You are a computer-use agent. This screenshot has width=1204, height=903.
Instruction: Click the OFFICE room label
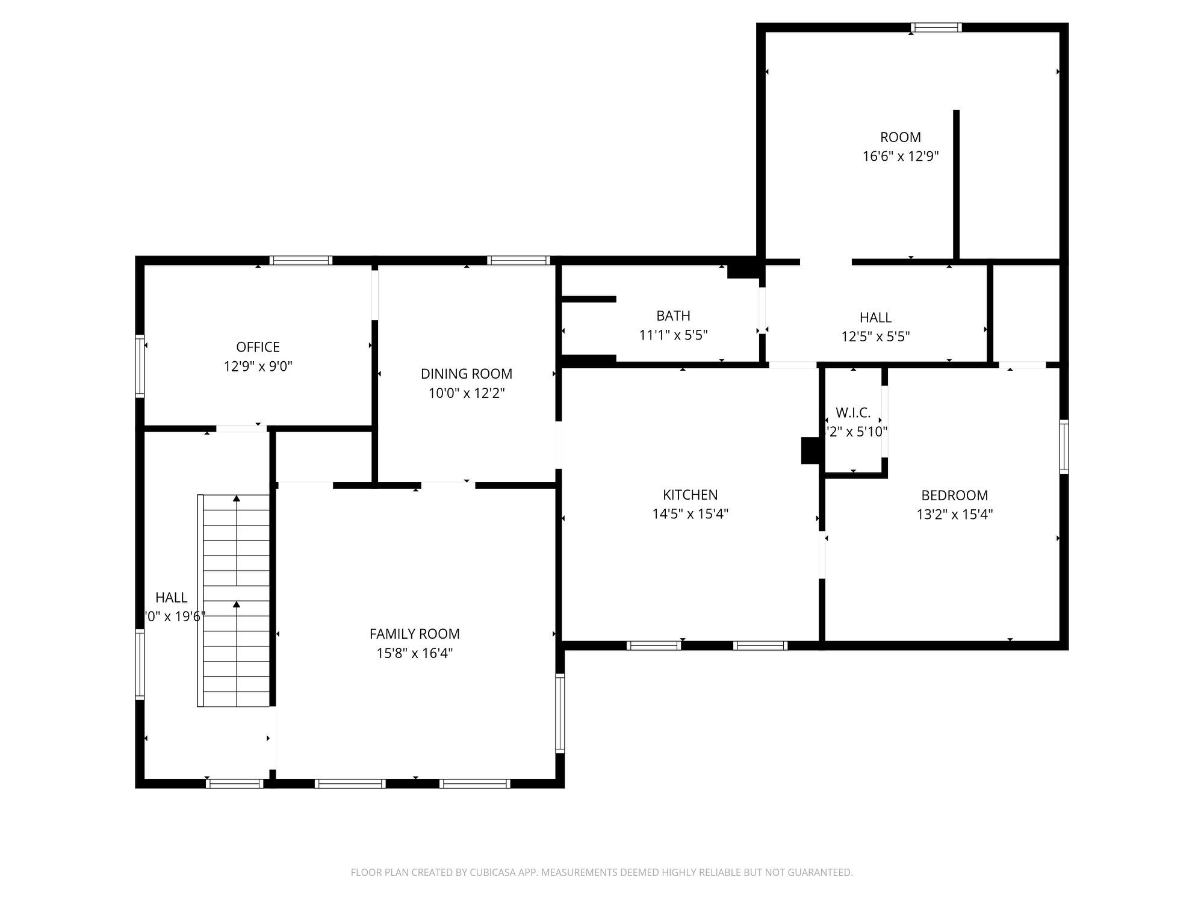click(258, 347)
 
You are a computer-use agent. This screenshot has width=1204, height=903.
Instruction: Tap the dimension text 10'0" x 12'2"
click(467, 393)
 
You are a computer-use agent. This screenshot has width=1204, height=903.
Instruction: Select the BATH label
click(673, 315)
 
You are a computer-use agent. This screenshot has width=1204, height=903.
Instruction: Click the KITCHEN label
click(690, 494)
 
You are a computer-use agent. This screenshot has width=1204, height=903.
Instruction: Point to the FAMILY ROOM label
click(414, 633)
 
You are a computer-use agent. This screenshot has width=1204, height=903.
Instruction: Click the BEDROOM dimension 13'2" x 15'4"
click(954, 514)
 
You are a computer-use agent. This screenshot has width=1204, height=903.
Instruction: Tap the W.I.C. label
click(853, 413)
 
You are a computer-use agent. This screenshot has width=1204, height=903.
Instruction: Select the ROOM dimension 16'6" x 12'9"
click(901, 156)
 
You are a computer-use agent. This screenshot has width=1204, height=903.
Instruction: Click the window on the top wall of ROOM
click(936, 27)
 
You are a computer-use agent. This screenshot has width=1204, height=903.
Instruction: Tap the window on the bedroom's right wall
click(1064, 447)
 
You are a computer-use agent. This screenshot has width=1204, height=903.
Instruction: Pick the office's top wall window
click(300, 261)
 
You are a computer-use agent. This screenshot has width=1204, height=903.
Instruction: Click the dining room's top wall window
click(518, 261)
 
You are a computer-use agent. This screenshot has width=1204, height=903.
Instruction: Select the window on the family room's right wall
click(560, 713)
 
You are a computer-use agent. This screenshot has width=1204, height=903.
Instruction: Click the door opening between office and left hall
click(241, 429)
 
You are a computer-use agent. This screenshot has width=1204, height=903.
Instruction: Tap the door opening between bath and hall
click(762, 311)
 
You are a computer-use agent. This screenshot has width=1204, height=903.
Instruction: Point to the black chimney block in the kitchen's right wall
click(810, 450)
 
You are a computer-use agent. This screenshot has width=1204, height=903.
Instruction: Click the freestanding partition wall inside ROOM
click(956, 184)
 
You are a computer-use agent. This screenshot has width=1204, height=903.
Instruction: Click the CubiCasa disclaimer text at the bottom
click(601, 872)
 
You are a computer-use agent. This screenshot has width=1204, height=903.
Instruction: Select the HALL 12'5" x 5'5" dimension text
click(875, 336)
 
